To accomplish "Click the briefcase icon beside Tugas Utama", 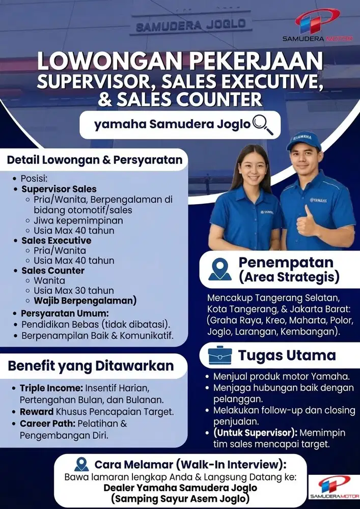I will pyautogui.click(x=220, y=355).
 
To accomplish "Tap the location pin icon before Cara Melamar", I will pyautogui.click(x=81, y=464).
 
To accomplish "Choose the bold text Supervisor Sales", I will pyautogui.click(x=59, y=189).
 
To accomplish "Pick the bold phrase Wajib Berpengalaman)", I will pyautogui.click(x=85, y=300).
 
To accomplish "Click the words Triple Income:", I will pyautogui.click(x=51, y=388).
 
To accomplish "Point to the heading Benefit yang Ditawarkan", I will pyautogui.click(x=91, y=365).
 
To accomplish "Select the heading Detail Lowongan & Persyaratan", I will pyautogui.click(x=94, y=160).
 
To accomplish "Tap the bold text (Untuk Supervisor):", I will pyautogui.click(x=253, y=433).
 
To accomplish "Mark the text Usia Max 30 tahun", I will pyautogui.click(x=74, y=291).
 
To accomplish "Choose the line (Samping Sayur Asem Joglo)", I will pyautogui.click(x=181, y=499).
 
